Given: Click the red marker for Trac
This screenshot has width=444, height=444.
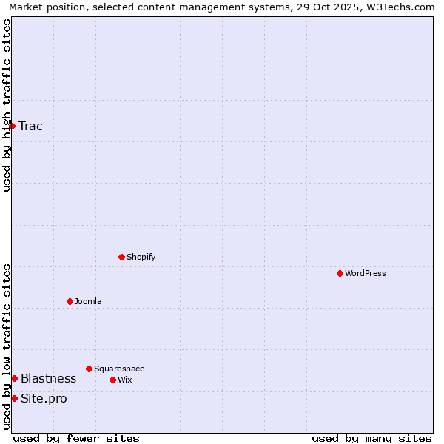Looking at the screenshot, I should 12,126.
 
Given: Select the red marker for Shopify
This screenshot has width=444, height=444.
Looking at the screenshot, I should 121,257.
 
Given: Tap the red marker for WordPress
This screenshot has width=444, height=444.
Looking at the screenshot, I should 340,273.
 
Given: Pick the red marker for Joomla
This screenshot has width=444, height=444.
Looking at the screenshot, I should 70,301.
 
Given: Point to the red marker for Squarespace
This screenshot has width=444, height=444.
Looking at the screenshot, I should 89,369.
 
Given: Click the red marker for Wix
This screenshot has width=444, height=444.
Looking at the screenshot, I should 112,380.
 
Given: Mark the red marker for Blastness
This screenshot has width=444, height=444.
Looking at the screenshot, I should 14,378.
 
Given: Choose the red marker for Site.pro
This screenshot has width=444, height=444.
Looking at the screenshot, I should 14,398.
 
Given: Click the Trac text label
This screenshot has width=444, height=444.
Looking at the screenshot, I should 30,126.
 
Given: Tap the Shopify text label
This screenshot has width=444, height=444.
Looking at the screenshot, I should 141,257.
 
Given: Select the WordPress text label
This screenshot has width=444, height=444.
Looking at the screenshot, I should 365,273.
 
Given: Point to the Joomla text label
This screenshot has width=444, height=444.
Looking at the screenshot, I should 88,301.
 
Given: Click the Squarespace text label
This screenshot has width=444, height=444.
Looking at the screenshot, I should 119,369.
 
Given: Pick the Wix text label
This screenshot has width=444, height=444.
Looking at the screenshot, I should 124,380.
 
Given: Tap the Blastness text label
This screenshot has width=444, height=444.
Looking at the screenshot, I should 48,378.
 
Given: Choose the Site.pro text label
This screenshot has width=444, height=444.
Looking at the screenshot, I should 44,398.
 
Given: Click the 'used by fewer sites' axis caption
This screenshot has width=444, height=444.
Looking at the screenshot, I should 76,438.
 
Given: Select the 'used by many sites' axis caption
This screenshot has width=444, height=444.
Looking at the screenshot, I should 371,438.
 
